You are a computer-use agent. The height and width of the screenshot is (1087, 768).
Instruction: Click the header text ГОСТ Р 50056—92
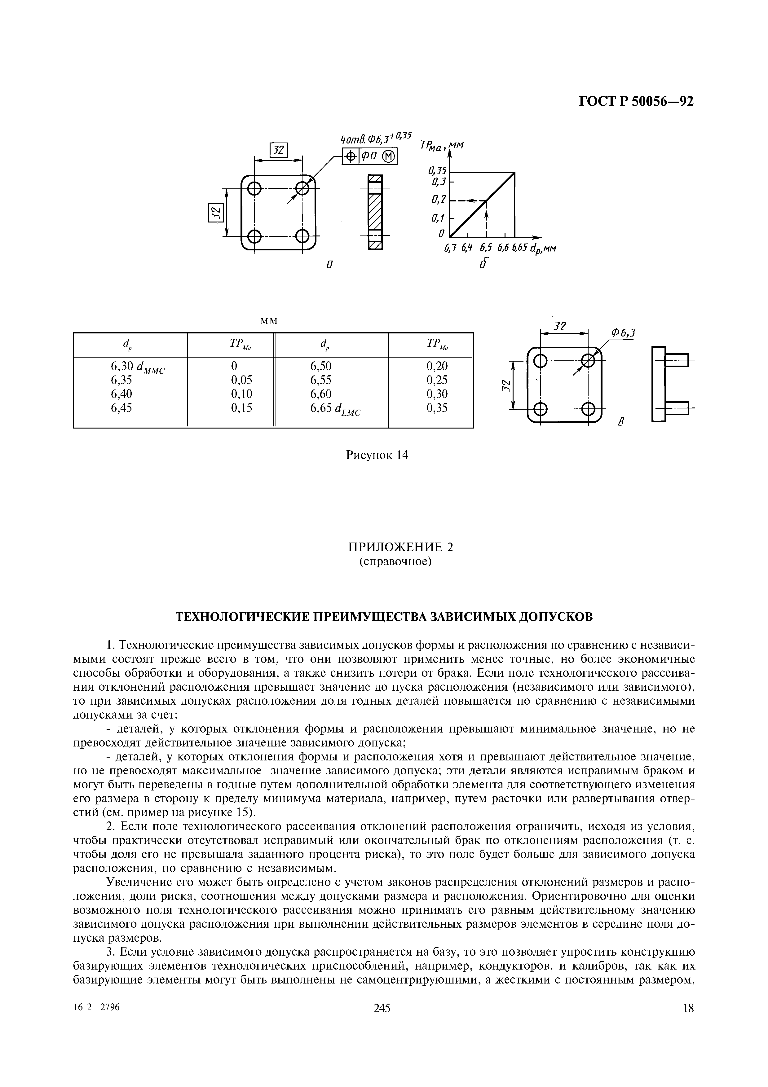pyautogui.click(x=636, y=101)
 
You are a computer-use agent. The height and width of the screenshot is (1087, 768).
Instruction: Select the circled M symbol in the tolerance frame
pyautogui.click(x=389, y=156)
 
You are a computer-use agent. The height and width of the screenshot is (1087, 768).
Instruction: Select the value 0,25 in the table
pyautogui.click(x=437, y=380)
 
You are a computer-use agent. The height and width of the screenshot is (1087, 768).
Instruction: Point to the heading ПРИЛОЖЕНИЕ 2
pyautogui.click(x=400, y=547)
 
